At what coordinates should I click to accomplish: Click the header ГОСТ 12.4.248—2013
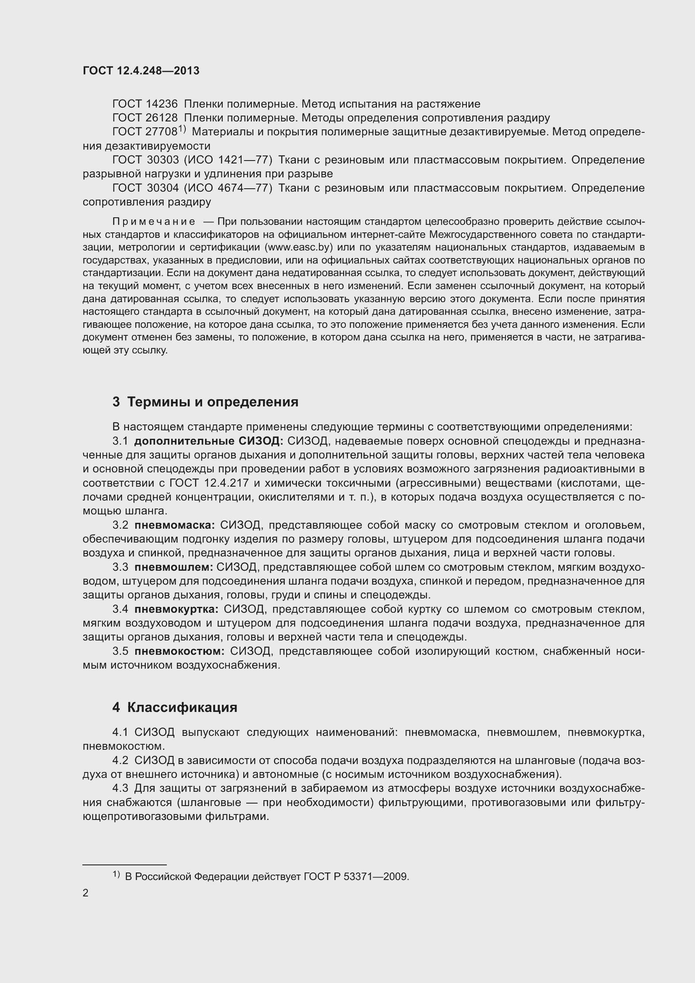pyautogui.click(x=141, y=71)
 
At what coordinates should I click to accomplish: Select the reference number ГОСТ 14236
pyautogui.click(x=145, y=104)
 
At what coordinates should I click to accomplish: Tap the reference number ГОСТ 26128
pyautogui.click(x=145, y=118)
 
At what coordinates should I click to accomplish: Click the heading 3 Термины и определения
pyautogui.click(x=205, y=402)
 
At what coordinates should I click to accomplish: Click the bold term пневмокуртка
pyautogui.click(x=176, y=609)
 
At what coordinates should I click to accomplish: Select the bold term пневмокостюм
pyautogui.click(x=179, y=651)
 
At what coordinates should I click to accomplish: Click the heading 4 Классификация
pyautogui.click(x=175, y=707)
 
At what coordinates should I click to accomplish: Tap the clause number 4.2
pyautogui.click(x=120, y=760)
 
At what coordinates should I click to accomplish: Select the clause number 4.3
pyautogui.click(x=120, y=788)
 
